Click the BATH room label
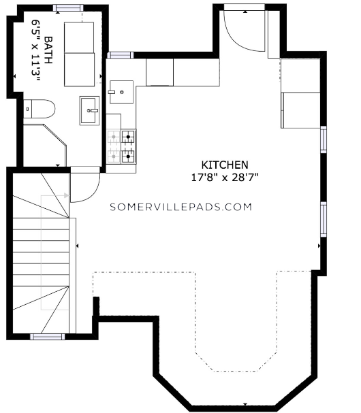coord(48,50)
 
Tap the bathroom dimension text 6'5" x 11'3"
coord(35,50)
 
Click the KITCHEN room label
coord(225,165)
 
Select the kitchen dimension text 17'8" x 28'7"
coord(224,178)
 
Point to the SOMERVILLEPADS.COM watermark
coord(181,207)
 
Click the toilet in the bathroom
coord(39,109)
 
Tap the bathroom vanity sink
coord(89,110)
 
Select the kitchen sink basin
coord(121,92)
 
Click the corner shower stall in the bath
coord(44,146)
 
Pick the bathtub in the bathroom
coord(79,54)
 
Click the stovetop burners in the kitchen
coord(121,146)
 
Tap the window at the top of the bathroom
coord(68,7)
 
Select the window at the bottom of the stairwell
coord(48,337)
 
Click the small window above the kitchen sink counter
coord(121,55)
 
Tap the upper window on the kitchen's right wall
coord(324,139)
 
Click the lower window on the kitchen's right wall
coord(324,219)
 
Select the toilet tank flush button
coord(28,109)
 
